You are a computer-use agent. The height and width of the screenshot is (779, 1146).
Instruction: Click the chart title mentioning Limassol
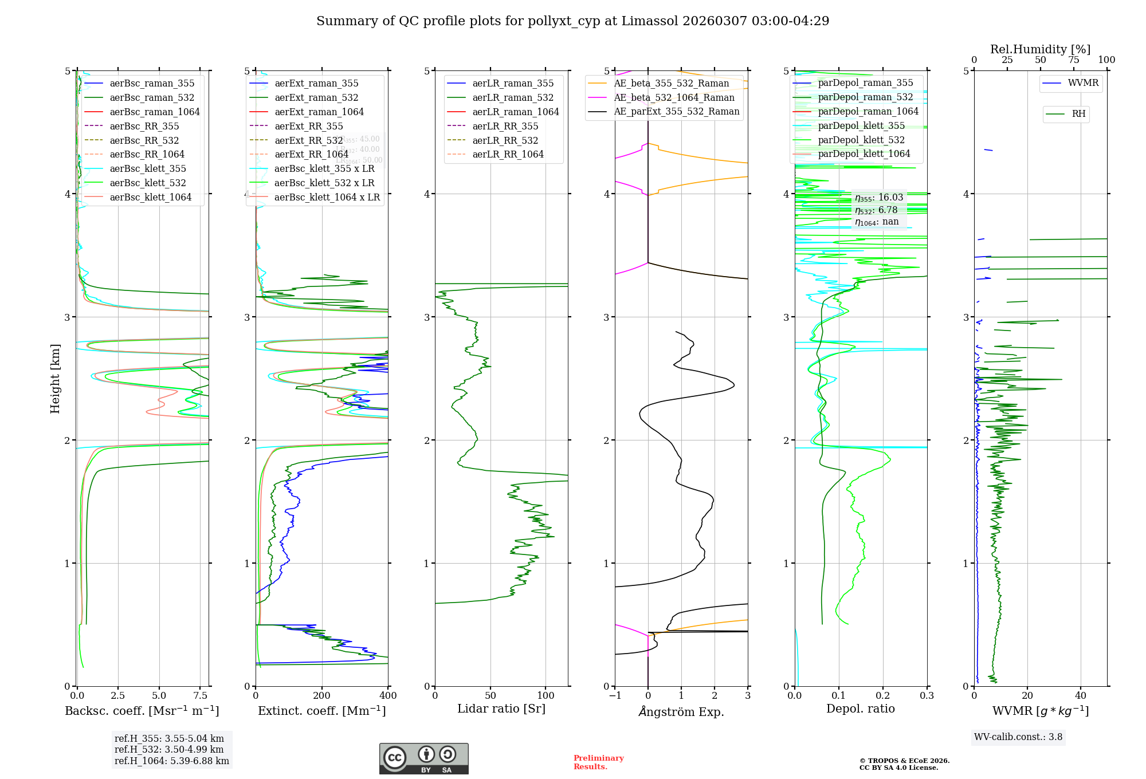[572, 21]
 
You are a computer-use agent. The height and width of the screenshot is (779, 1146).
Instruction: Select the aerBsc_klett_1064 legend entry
[151, 197]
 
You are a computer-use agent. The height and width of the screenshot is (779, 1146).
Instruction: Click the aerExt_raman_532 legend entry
[316, 97]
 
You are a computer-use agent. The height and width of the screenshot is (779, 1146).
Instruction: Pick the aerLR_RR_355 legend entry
[505, 126]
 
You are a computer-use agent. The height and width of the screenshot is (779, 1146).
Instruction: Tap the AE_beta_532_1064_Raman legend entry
[674, 97]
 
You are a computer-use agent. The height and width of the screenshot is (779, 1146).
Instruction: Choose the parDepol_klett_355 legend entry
[861, 125]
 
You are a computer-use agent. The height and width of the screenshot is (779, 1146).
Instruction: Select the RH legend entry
[1078, 114]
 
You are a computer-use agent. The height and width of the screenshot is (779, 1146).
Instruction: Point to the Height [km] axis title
[55, 379]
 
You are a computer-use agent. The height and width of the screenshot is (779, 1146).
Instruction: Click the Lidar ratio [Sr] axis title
[501, 709]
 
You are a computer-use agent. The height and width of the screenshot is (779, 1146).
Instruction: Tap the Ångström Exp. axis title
[681, 711]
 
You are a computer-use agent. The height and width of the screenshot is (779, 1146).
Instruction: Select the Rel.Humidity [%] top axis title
[1040, 49]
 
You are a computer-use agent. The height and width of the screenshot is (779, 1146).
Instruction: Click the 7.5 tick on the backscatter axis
[200, 696]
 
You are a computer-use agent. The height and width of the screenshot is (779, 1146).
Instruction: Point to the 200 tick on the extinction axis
[322, 696]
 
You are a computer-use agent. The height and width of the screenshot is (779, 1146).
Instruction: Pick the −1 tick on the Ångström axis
[615, 696]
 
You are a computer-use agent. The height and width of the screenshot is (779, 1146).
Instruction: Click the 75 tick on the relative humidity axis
[1073, 60]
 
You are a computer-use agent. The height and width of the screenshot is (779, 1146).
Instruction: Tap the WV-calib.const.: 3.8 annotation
[1018, 737]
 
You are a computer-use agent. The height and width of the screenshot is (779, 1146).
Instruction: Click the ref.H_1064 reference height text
[172, 761]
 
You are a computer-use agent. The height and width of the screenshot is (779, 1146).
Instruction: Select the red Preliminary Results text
[598, 762]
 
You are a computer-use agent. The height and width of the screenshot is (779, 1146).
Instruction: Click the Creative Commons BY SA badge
[423, 759]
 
